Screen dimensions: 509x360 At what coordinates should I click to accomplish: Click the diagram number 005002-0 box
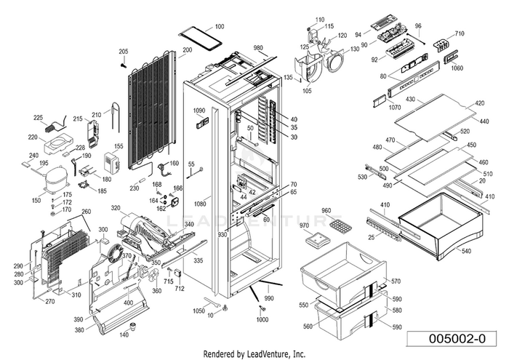(x=452, y=339)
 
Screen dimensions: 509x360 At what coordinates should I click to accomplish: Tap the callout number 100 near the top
(x=220, y=26)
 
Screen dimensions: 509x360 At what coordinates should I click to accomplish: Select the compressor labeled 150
(x=55, y=180)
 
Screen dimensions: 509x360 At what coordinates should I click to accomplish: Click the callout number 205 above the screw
(x=124, y=52)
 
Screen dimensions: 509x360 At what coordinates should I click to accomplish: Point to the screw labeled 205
(x=124, y=65)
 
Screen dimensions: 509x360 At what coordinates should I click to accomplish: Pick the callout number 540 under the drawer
(x=465, y=251)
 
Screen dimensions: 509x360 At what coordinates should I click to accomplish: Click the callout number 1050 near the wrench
(x=199, y=311)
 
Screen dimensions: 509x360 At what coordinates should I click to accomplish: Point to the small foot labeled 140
(x=132, y=326)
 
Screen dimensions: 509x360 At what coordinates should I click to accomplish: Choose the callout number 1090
(x=199, y=111)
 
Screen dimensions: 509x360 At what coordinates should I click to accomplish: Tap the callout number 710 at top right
(x=460, y=33)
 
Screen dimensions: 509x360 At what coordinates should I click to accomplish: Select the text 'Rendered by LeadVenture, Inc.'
(x=254, y=353)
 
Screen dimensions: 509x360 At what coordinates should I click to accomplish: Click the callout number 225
(x=38, y=118)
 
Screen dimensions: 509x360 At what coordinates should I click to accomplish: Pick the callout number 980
(x=258, y=48)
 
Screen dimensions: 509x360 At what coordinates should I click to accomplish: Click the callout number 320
(x=116, y=207)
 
